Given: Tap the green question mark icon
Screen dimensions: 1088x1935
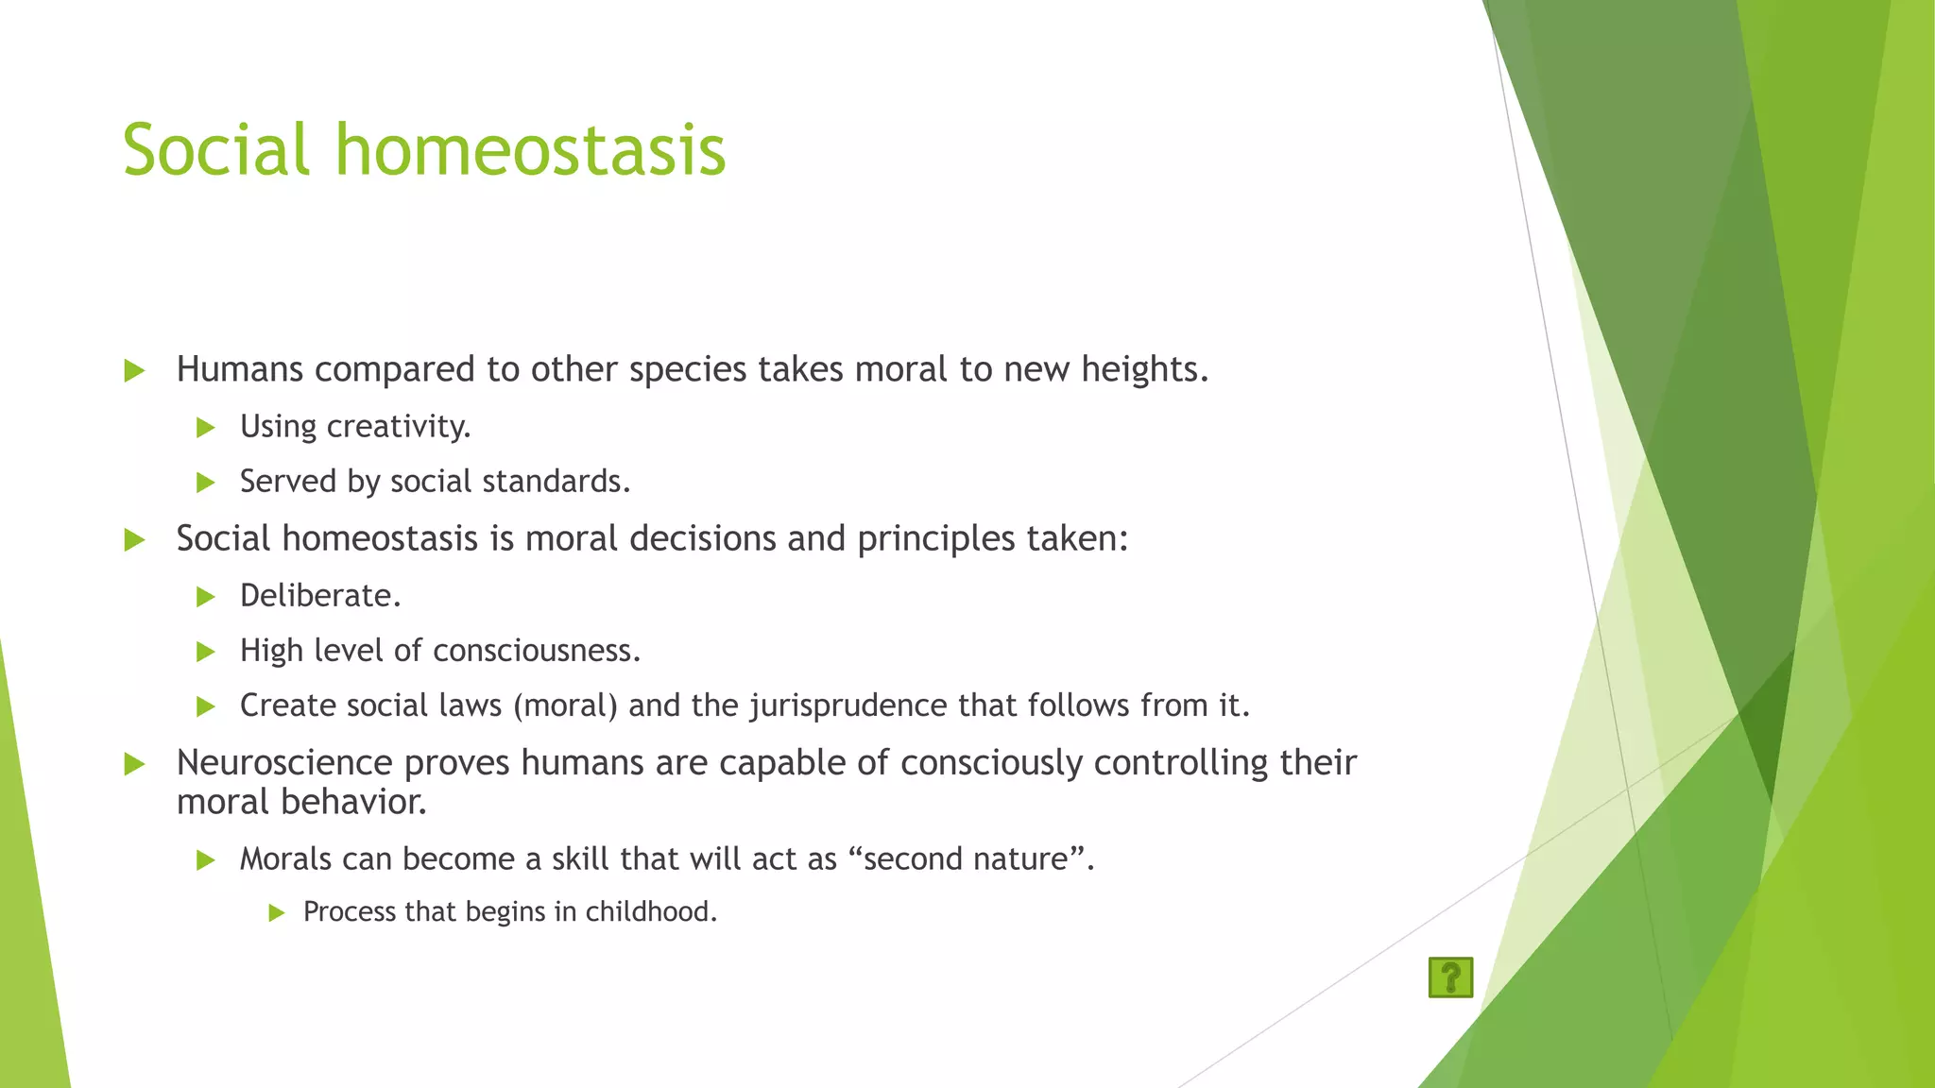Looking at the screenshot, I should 1450,977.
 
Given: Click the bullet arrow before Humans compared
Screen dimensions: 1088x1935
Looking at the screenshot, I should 134,370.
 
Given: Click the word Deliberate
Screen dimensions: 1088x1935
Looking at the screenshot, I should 320,596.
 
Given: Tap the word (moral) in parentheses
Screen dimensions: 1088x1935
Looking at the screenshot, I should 565,705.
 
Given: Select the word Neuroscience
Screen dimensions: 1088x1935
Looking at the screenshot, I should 284,762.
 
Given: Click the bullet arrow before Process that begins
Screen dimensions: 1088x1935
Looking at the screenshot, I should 276,912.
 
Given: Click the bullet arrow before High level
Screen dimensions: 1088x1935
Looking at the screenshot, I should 206,652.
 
